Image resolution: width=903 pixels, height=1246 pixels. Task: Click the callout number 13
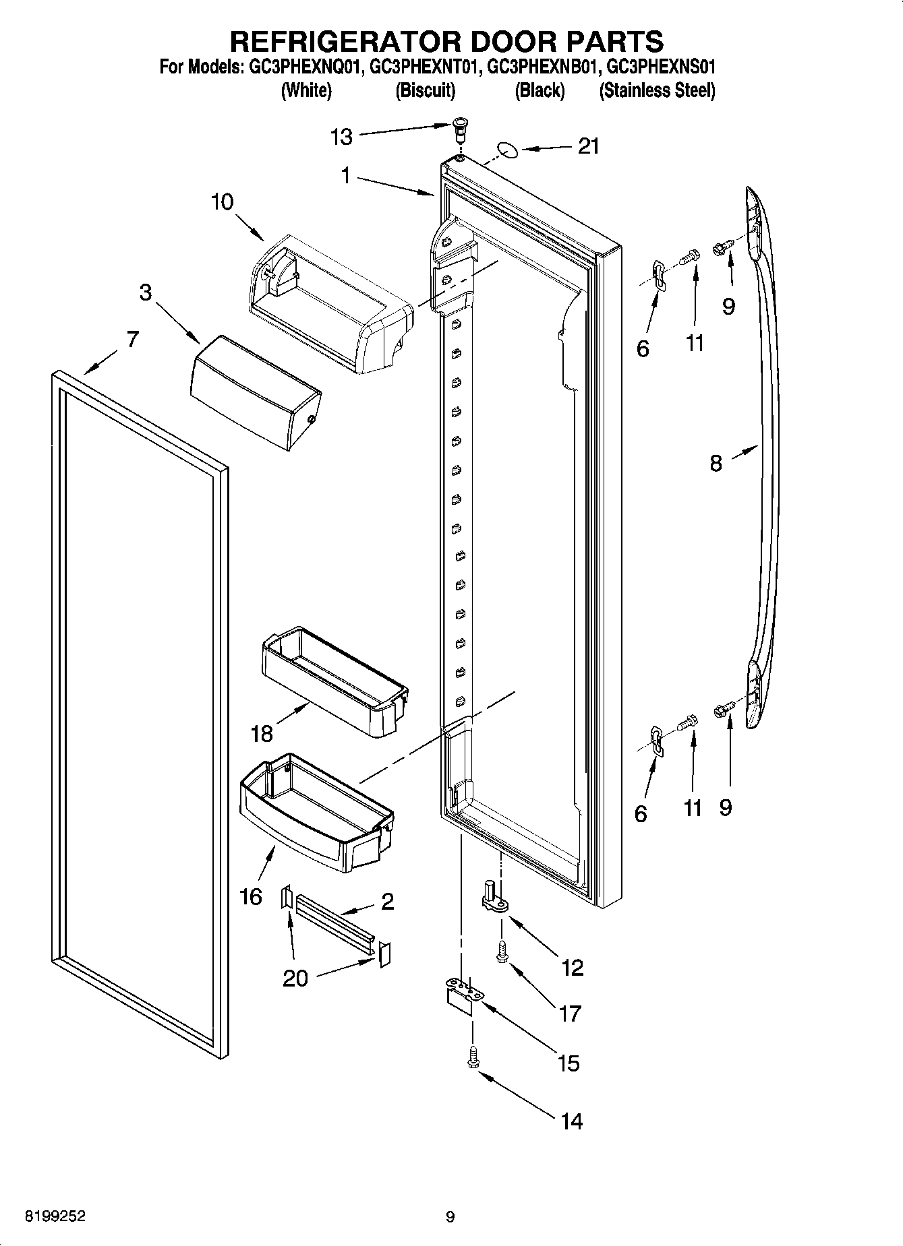pos(341,137)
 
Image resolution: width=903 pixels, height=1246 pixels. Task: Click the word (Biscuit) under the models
pos(425,90)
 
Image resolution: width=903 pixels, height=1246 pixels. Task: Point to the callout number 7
pos(132,339)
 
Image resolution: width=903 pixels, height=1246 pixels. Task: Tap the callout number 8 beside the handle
pos(716,463)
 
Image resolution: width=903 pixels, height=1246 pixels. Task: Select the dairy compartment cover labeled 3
pos(256,392)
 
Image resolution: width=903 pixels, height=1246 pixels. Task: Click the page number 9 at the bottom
pos(450,1217)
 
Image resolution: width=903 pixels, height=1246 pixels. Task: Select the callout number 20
pos(295,978)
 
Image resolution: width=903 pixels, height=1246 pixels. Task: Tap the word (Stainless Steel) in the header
pos(657,90)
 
